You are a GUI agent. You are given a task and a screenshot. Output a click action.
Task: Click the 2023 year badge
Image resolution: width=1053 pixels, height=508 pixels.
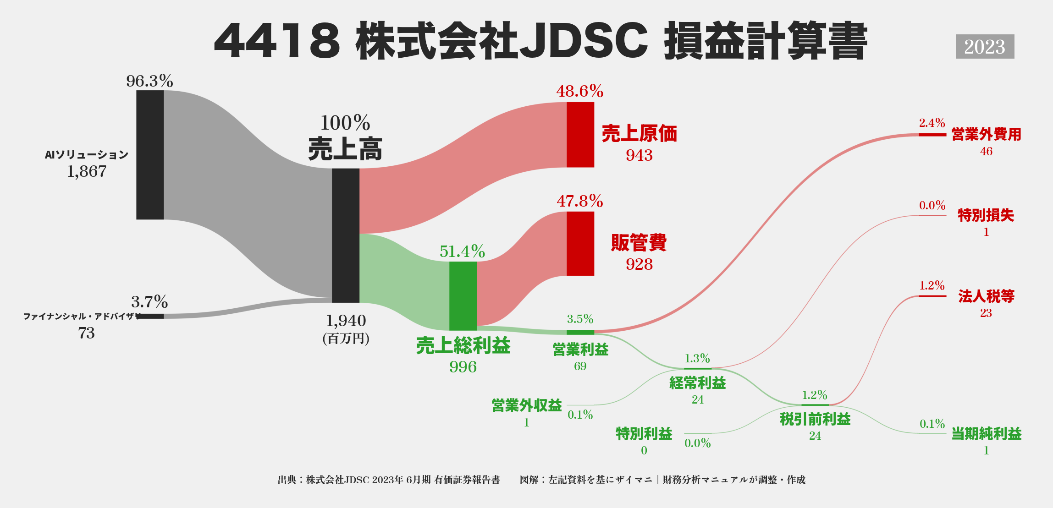pos(985,47)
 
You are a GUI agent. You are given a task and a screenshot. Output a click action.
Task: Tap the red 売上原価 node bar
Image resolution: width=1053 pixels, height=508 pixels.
pos(580,135)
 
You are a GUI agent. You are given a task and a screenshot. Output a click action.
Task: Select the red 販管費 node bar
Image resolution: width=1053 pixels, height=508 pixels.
pos(580,244)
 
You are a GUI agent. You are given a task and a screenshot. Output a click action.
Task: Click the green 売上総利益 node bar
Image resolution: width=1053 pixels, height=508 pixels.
pos(463,296)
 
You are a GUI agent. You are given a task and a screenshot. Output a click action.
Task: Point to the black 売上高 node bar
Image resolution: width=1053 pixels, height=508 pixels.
pos(345,235)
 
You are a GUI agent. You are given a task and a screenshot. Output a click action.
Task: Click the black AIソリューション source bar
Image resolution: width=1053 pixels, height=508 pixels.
pos(150,155)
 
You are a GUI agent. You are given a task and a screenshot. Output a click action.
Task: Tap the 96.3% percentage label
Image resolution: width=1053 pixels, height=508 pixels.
pos(149,81)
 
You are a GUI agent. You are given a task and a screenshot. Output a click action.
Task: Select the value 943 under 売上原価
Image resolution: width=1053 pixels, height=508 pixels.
pos(639,155)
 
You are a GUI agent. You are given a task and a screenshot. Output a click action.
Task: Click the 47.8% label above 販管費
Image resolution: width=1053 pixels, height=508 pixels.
pos(580,201)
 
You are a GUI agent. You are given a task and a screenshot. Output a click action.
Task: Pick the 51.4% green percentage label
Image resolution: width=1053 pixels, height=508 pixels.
pos(462,251)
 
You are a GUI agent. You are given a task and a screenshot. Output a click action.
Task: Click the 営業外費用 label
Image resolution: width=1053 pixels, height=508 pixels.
pos(986,135)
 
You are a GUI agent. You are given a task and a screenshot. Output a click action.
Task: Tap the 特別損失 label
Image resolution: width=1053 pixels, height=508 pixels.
pos(986,215)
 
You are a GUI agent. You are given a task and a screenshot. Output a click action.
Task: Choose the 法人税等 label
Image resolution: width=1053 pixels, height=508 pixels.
pos(986,296)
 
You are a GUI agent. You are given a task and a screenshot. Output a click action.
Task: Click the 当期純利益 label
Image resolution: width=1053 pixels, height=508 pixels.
pos(986,434)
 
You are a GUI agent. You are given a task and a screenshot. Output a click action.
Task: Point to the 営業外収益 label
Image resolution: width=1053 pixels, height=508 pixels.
pos(526,405)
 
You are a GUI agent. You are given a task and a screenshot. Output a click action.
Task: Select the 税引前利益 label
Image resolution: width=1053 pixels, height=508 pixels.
pos(815,419)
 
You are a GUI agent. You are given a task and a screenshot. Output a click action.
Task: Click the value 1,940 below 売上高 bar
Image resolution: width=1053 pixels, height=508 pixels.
pos(346,321)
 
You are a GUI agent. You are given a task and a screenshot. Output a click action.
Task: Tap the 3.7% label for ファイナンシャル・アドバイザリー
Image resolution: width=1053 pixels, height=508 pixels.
pos(149,302)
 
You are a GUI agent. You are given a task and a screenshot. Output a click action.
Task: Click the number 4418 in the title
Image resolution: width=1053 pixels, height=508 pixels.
pos(277,41)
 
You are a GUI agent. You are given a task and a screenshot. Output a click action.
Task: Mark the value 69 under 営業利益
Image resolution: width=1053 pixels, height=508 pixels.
pos(580,366)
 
